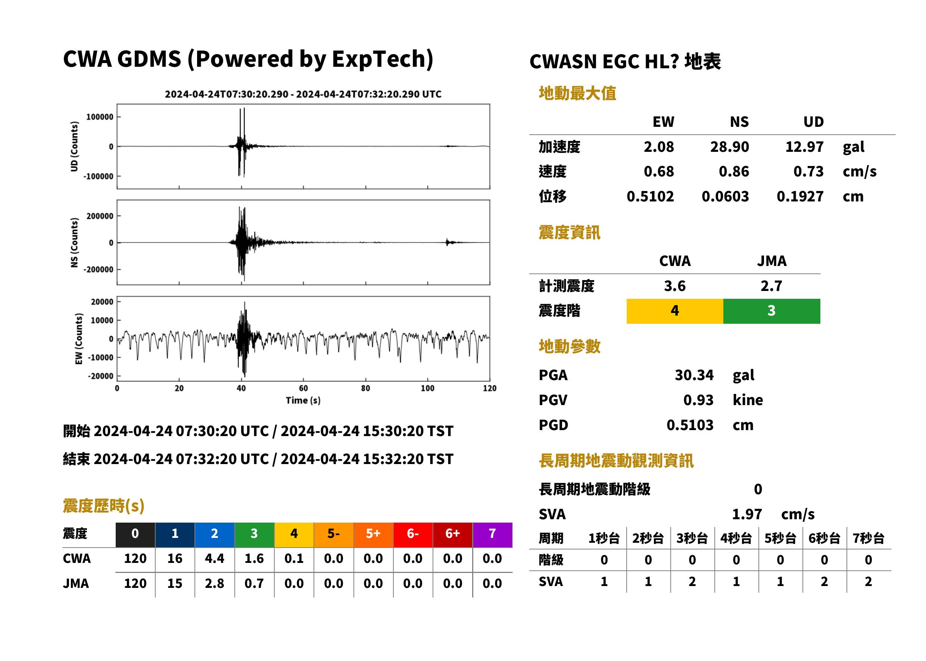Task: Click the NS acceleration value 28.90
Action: [729, 147]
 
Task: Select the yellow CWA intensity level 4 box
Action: [675, 311]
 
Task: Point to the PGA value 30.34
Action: [694, 375]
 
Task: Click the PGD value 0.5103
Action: [690, 425]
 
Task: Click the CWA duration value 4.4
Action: [215, 558]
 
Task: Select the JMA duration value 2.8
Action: [215, 584]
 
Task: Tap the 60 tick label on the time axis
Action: [303, 388]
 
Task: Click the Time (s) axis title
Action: [303, 401]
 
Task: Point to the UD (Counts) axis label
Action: [74, 147]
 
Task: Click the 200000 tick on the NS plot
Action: [100, 216]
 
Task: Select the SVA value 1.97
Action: [747, 514]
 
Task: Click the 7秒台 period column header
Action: [868, 539]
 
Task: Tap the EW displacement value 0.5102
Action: [650, 197]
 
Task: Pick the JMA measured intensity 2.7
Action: [771, 286]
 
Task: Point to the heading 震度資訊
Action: [569, 233]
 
